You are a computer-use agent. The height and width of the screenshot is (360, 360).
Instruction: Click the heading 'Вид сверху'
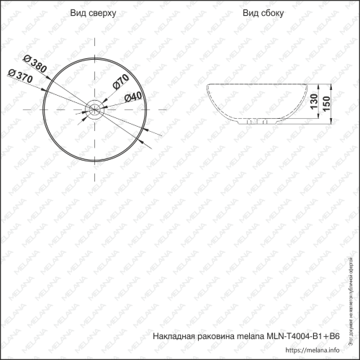pos(93,14)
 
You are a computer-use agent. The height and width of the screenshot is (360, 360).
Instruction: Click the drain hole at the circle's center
pos(93,109)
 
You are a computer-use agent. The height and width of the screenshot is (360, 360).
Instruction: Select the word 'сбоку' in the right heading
pos(270,14)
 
